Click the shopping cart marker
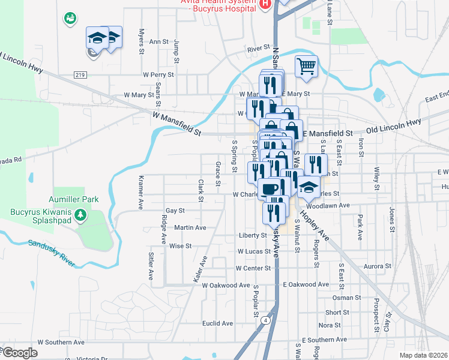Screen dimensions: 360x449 (306, 66)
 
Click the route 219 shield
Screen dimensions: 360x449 (80, 74)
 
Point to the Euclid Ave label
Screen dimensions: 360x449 (217, 323)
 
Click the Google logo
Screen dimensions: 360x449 (19, 352)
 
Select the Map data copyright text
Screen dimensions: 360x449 (423, 355)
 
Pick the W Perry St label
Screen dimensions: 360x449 (158, 75)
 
